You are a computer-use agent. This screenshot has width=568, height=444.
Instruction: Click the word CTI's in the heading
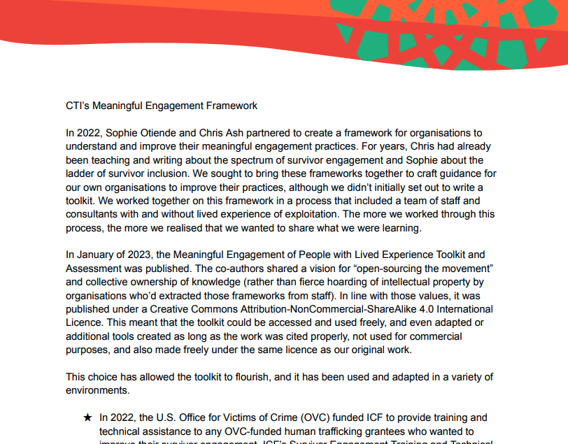(x=78, y=106)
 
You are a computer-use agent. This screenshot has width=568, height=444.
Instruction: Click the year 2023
(x=145, y=255)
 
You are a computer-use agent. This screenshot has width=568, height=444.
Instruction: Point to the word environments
(x=97, y=390)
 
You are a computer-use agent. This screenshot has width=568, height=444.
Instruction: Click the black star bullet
(x=87, y=417)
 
